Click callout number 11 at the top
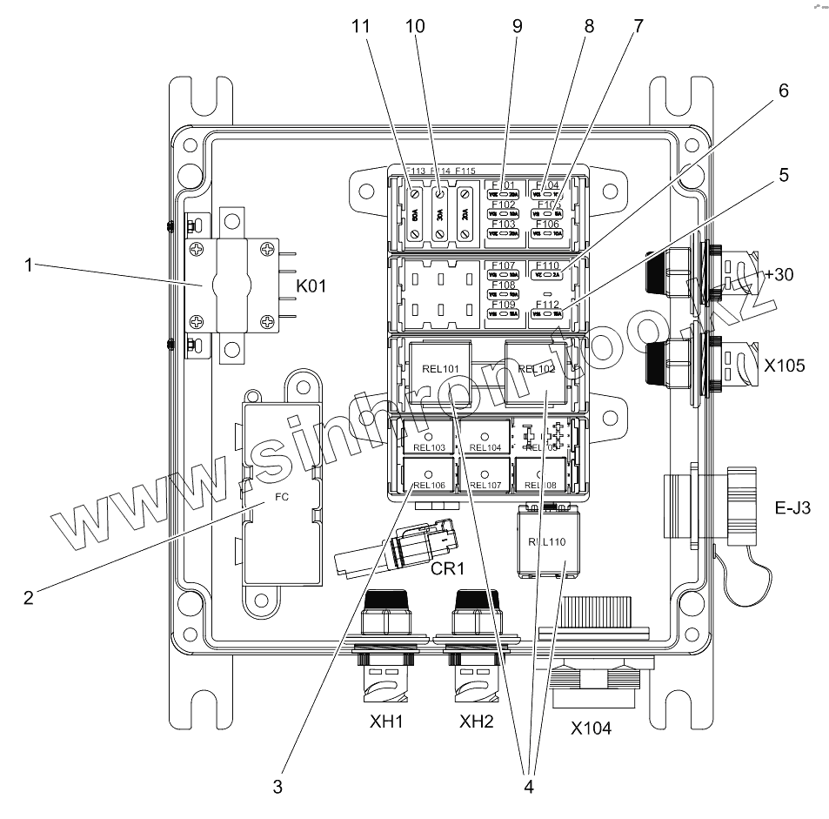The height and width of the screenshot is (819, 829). (x=361, y=27)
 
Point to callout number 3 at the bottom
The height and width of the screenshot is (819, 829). (x=277, y=788)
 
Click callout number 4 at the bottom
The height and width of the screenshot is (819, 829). (x=526, y=788)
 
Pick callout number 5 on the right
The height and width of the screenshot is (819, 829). (x=783, y=174)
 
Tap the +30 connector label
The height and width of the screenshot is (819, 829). (x=781, y=276)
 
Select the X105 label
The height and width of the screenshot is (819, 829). (x=785, y=366)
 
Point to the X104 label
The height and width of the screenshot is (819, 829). (x=591, y=728)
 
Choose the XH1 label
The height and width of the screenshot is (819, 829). (x=385, y=722)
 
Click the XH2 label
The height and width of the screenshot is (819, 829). (x=478, y=722)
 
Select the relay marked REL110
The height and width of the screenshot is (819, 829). (x=546, y=541)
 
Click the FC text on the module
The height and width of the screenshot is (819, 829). (x=281, y=500)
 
